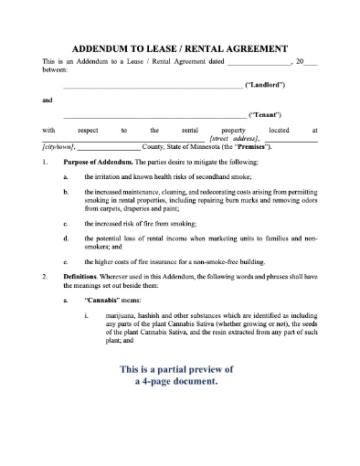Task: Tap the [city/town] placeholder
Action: pos(58,147)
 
